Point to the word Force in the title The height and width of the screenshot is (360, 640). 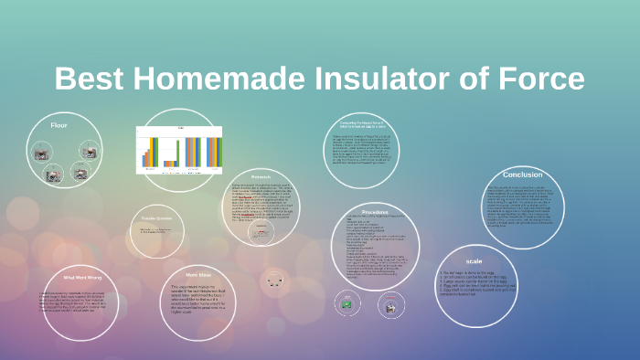[x=541, y=79]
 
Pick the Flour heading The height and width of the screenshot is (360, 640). [x=59, y=124]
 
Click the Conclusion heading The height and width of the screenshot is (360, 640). [x=522, y=174]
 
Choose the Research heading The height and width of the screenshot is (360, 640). [x=261, y=176]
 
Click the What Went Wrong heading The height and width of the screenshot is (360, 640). [x=80, y=276]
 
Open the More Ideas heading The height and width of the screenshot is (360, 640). [x=198, y=273]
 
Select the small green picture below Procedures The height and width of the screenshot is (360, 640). [x=346, y=301]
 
